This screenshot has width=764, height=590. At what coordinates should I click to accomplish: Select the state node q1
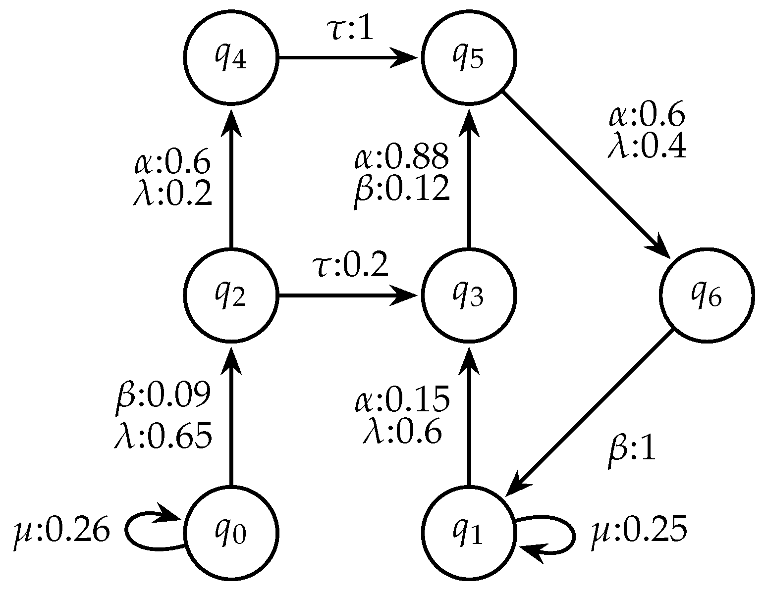pyautogui.click(x=469, y=532)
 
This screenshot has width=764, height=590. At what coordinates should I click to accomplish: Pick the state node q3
pyautogui.click(x=469, y=295)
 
